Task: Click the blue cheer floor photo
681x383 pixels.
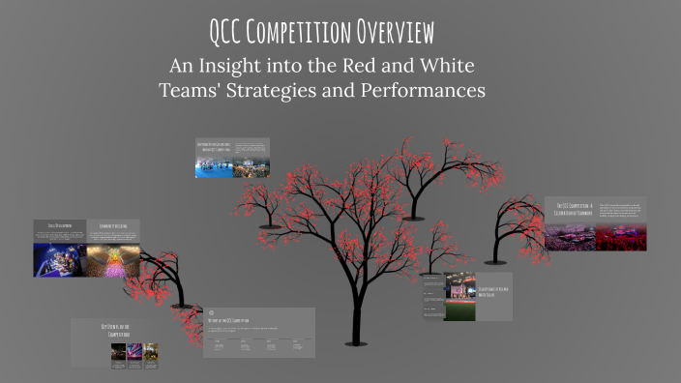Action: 213,166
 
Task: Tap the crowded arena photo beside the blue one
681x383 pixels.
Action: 250,166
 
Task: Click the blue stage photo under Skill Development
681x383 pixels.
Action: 58,259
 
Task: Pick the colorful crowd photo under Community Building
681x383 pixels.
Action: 113,259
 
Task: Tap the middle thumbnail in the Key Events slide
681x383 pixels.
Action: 134,353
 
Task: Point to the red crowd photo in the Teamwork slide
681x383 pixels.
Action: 620,236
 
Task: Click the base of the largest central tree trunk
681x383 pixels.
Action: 354,362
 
